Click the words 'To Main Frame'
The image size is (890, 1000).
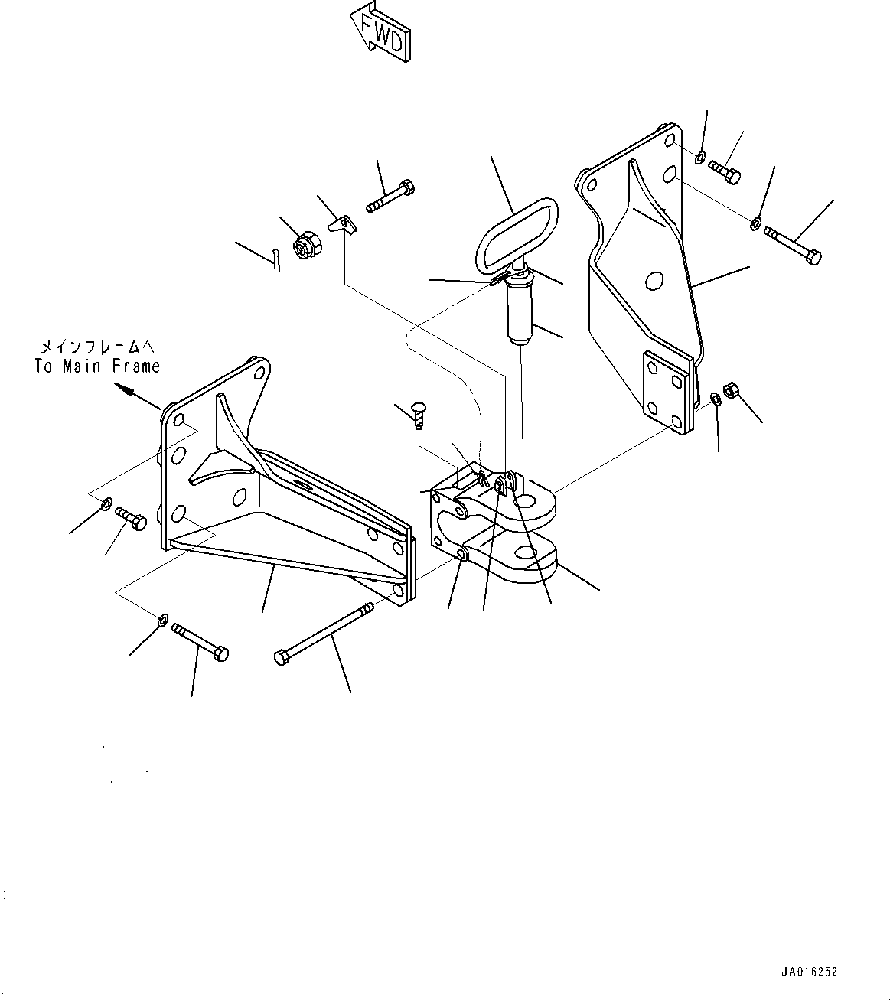click(x=97, y=366)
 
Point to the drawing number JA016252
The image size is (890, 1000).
click(x=809, y=972)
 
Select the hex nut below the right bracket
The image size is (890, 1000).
click(x=730, y=390)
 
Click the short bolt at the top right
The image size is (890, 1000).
click(x=724, y=171)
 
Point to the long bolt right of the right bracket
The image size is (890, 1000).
click(x=793, y=246)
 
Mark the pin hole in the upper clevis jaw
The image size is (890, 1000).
click(x=526, y=501)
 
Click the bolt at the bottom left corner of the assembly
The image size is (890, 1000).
click(x=200, y=642)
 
